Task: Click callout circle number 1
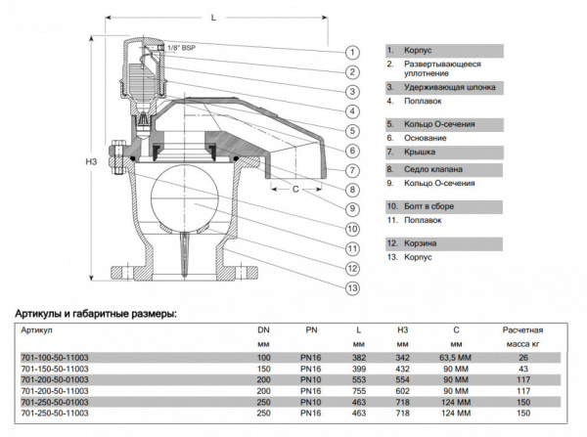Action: click(351, 51)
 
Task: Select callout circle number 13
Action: click(351, 287)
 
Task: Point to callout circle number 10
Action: click(351, 229)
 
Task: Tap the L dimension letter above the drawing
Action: click(212, 17)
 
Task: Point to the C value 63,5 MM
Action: click(454, 358)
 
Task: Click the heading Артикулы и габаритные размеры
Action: click(95, 314)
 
